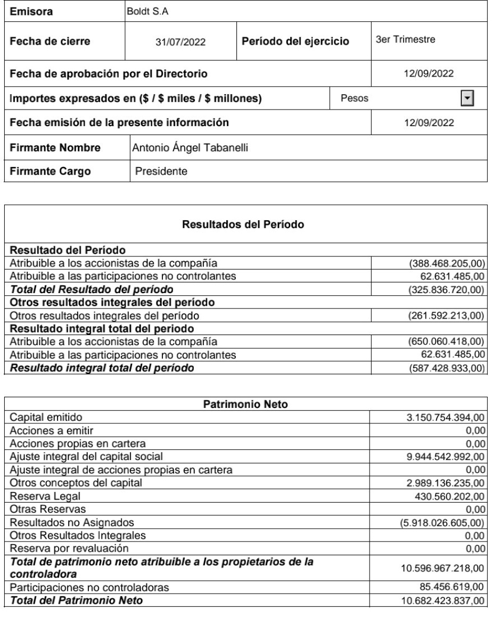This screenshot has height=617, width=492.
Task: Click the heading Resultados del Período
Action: coord(245,225)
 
